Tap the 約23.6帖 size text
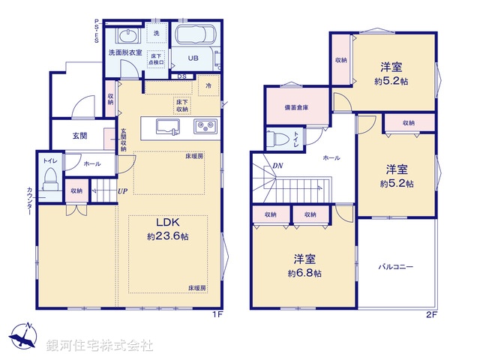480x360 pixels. coord(167,235)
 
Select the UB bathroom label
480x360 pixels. coord(193,58)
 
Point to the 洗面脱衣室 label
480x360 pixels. coord(124,52)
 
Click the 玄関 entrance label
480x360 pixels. coord(80,136)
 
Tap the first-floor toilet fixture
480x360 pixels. coord(50,181)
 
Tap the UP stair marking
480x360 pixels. coord(121,190)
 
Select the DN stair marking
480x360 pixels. coord(277,166)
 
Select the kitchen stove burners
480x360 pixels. coord(205,126)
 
